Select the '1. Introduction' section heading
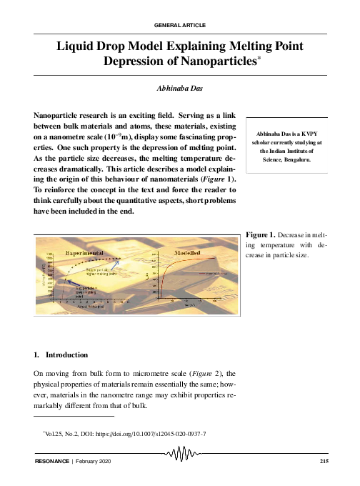[61, 354]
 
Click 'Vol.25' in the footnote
[46, 433]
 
